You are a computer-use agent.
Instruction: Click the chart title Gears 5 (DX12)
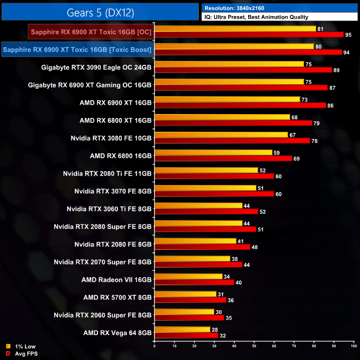tap(99, 11)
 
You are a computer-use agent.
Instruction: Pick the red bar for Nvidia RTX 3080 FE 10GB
tap(232, 141)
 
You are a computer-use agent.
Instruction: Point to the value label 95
tap(348, 34)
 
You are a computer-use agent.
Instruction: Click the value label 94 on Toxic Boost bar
tap(346, 52)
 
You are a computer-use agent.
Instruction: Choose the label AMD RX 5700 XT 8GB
tap(117, 297)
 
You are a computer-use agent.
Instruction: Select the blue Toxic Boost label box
tap(78, 50)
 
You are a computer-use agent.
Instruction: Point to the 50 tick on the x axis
tap(254, 346)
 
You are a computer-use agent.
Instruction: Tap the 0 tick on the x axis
tap(155, 346)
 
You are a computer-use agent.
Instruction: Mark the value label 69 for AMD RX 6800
tap(296, 158)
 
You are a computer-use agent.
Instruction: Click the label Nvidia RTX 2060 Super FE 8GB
tap(102, 315)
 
